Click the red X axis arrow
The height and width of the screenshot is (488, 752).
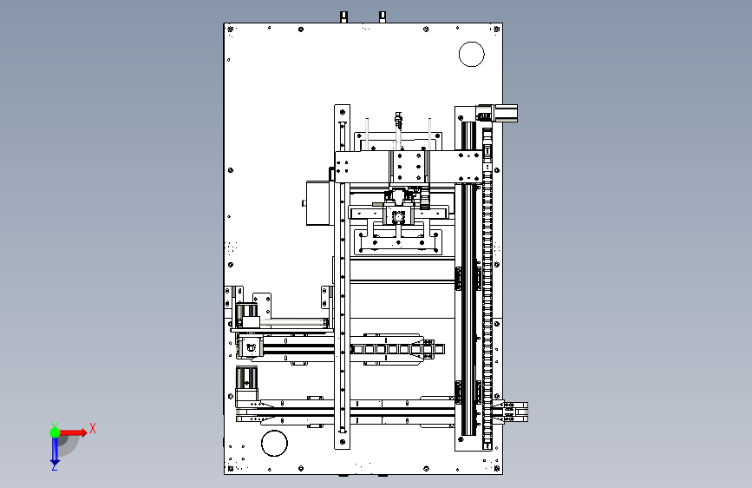[x=75, y=432]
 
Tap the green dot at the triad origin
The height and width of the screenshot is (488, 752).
[x=55, y=432]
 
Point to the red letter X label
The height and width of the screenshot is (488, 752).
[x=92, y=428]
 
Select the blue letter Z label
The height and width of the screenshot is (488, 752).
[x=54, y=467]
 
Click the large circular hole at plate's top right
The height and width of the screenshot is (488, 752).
[x=471, y=55]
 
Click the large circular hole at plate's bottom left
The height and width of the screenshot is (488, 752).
[x=273, y=443]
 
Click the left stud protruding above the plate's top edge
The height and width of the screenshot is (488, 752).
[x=344, y=16]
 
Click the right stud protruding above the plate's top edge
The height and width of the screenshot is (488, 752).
[x=383, y=16]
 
